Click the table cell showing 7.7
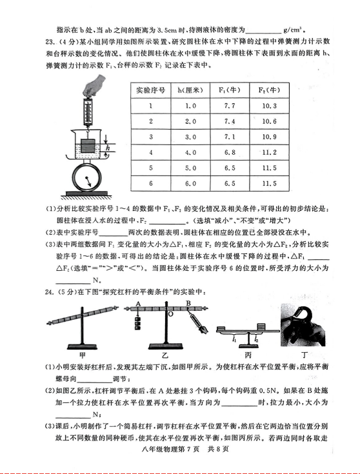tap(230, 106)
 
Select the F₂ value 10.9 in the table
tap(269, 137)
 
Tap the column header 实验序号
tap(151, 90)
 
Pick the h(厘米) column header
tap(190, 90)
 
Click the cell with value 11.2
tap(269, 152)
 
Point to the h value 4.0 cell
tap(190, 152)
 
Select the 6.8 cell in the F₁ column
tap(230, 152)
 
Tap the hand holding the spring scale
tap(94, 85)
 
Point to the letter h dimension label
tap(107, 148)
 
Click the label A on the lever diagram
tap(139, 304)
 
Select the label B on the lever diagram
tap(188, 303)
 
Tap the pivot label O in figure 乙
tap(170, 314)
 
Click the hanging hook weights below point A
tap(138, 323)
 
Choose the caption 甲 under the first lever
tap(83, 355)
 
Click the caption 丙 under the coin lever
tap(248, 355)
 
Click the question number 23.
tap(50, 41)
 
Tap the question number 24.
tap(48, 292)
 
